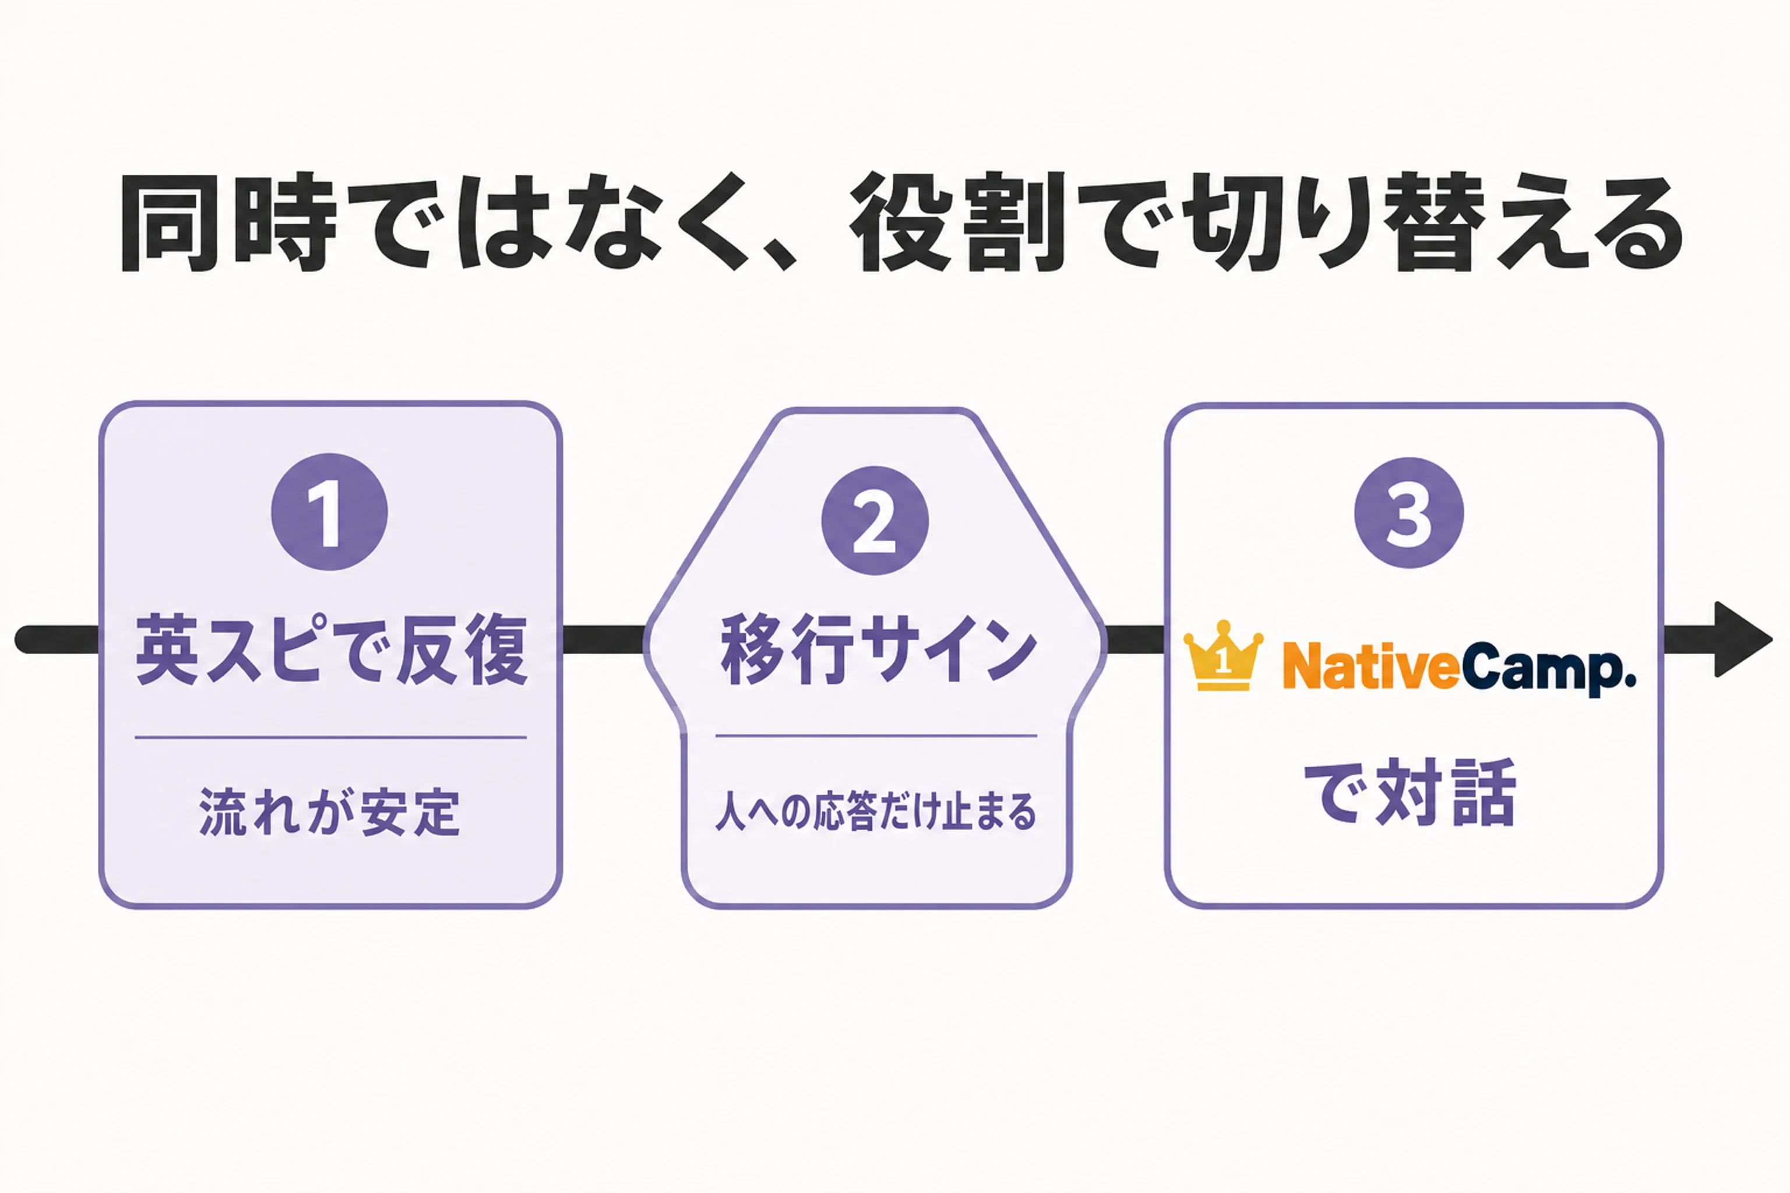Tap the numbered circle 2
point(875,520)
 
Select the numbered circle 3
point(1409,512)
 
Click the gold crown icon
point(1223,655)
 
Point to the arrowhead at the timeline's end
point(1743,639)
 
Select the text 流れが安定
point(330,812)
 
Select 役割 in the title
point(957,222)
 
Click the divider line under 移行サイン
point(876,736)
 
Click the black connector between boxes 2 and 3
point(1134,639)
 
